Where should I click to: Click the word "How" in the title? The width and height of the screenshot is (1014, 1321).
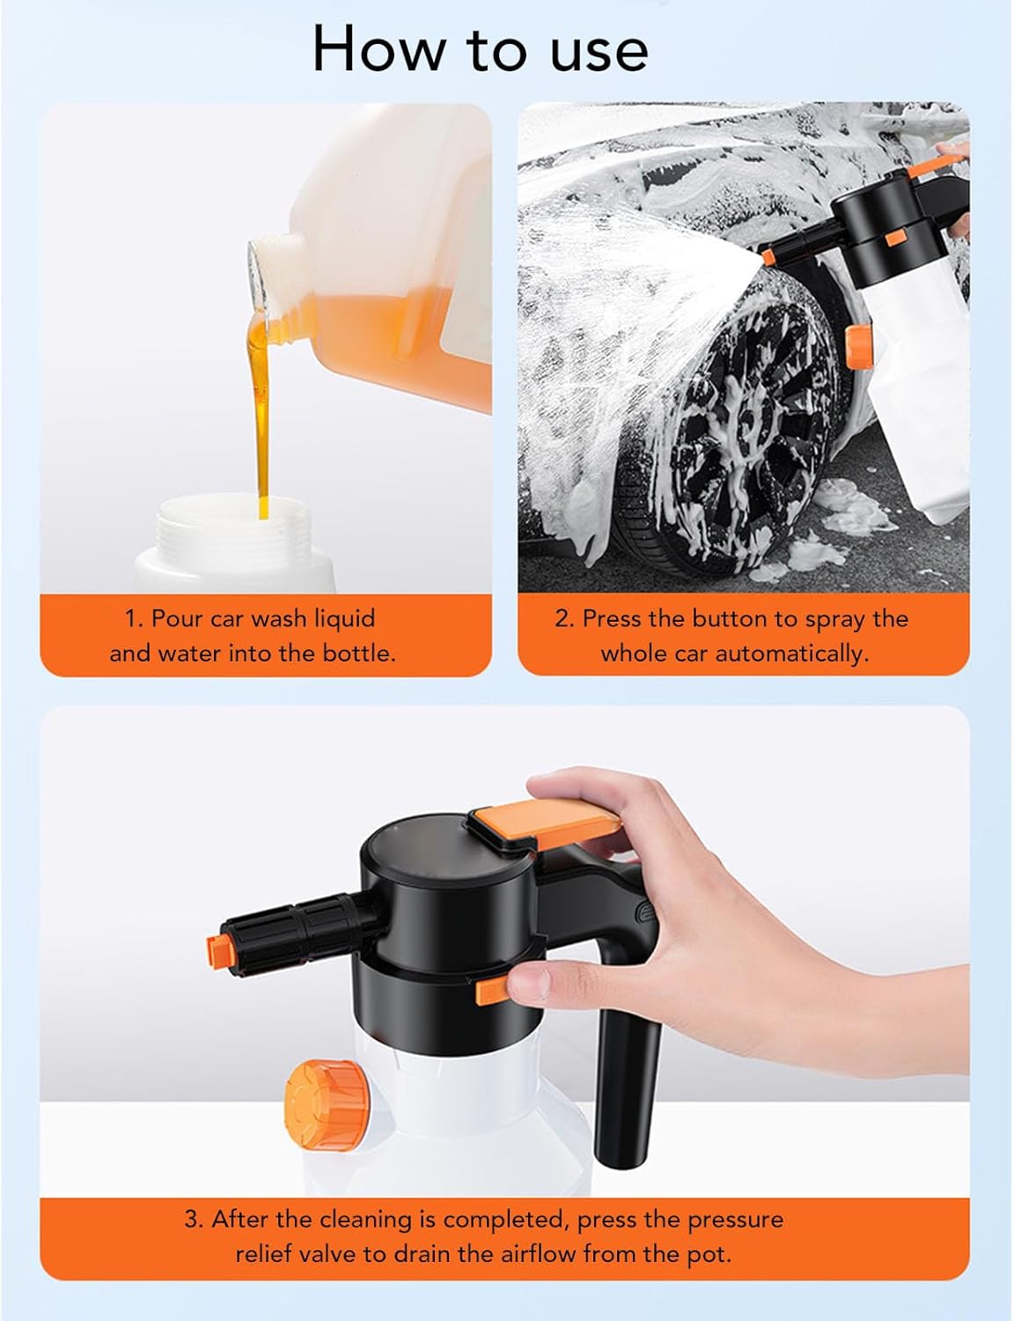[378, 48]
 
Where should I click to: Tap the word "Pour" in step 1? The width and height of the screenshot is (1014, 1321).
[177, 618]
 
